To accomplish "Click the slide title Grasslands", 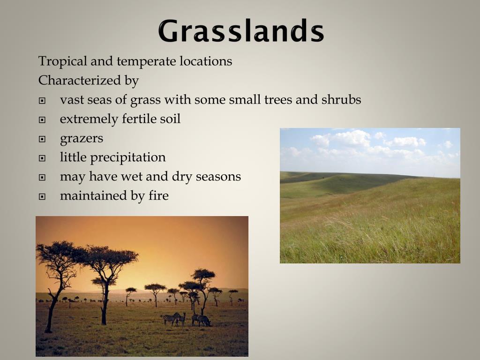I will point(240,31).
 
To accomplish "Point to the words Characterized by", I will point(88,81).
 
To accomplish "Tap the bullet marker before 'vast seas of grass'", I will point(42,101).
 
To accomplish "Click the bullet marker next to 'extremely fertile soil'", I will point(42,120).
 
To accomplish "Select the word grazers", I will point(81,139).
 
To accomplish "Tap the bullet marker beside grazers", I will point(42,139).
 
